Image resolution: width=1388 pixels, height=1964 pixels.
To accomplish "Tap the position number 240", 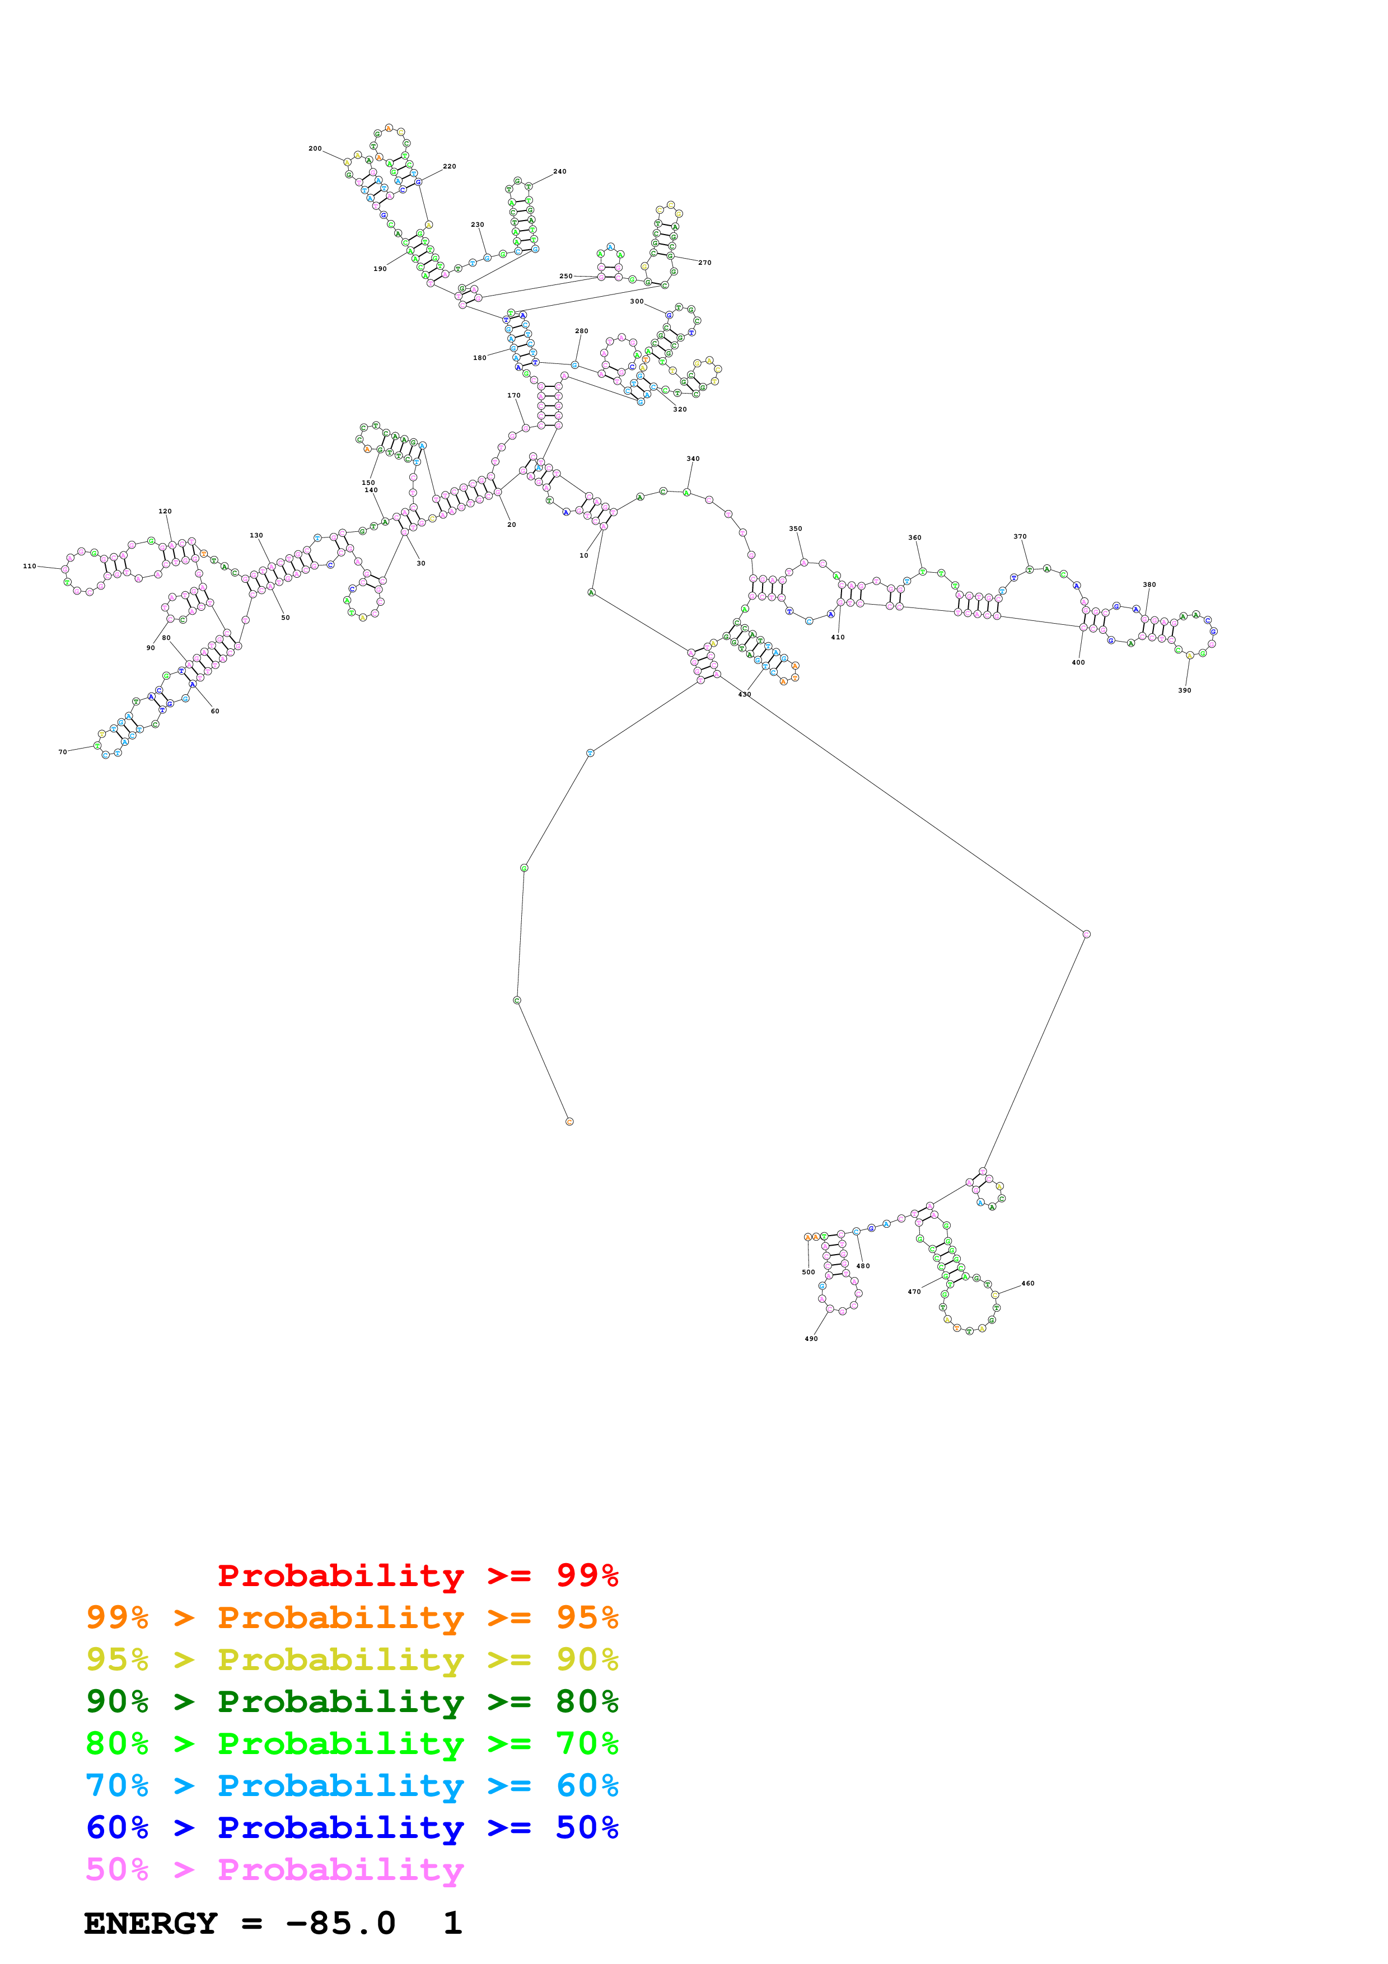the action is [x=559, y=171].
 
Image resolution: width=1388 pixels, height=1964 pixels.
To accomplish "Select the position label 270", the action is [x=705, y=263].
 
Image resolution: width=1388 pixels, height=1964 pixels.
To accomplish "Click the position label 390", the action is [x=1184, y=690].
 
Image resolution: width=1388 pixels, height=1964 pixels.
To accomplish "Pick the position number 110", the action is [x=30, y=565].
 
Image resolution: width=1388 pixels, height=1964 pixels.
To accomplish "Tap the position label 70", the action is [x=63, y=752].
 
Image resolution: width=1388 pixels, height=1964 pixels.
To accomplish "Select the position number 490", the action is [x=811, y=1339].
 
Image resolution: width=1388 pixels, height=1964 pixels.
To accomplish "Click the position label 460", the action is [x=1028, y=1283].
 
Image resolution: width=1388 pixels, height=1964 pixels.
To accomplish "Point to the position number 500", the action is [x=808, y=1272].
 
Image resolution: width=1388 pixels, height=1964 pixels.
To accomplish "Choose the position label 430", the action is [x=745, y=694].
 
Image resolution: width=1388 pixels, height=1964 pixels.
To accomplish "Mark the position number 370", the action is [x=1020, y=536].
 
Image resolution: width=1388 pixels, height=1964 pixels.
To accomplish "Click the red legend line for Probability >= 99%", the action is [x=417, y=1575].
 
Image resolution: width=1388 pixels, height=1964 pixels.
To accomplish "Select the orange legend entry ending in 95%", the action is [x=352, y=1617].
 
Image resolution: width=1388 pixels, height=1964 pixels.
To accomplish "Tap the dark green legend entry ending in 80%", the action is [x=352, y=1701].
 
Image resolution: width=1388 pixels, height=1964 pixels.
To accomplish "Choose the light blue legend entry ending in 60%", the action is [x=352, y=1785].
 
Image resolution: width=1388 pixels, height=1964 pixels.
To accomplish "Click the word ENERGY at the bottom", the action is [x=151, y=1923].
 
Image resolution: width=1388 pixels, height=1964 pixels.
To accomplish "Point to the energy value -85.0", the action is [x=340, y=1923].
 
